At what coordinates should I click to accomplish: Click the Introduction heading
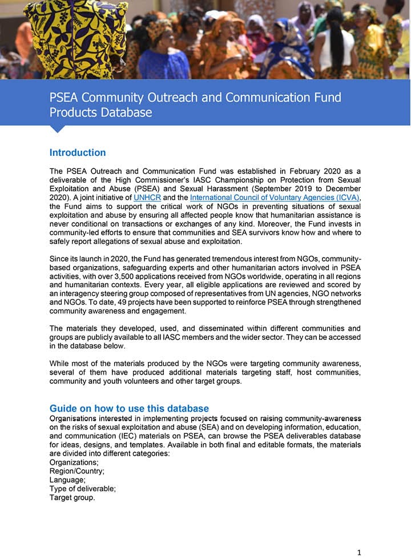point(78,152)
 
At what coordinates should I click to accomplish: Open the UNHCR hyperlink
point(147,197)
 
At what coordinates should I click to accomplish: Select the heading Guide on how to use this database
point(129,408)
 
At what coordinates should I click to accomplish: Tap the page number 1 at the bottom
point(359,552)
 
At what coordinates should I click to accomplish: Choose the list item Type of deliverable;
point(83,489)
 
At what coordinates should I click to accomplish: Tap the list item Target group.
point(72,498)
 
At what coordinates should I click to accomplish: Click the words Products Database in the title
point(100,112)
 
